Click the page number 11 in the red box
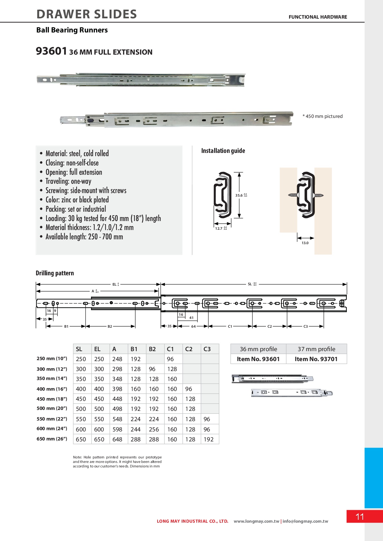[x=360, y=517]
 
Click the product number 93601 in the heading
[x=51, y=51]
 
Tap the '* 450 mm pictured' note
[x=323, y=116]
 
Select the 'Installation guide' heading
[x=223, y=151]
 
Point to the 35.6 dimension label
[x=239, y=195]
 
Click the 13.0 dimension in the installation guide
[x=305, y=243]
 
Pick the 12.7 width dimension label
[x=219, y=228]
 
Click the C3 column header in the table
[x=207, y=349]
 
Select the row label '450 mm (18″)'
[x=52, y=399]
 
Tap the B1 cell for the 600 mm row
[x=135, y=429]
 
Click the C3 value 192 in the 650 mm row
[x=208, y=439]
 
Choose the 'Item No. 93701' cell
[x=316, y=359]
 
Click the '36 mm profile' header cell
[x=258, y=349]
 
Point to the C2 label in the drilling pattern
[x=269, y=326]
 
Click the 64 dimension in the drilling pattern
[x=193, y=326]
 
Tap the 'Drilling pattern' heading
[x=55, y=273]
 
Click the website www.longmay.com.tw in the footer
[x=256, y=521]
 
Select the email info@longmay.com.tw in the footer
[x=305, y=521]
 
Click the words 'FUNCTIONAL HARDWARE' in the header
[x=318, y=17]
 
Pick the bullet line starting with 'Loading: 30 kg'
[x=103, y=218]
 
